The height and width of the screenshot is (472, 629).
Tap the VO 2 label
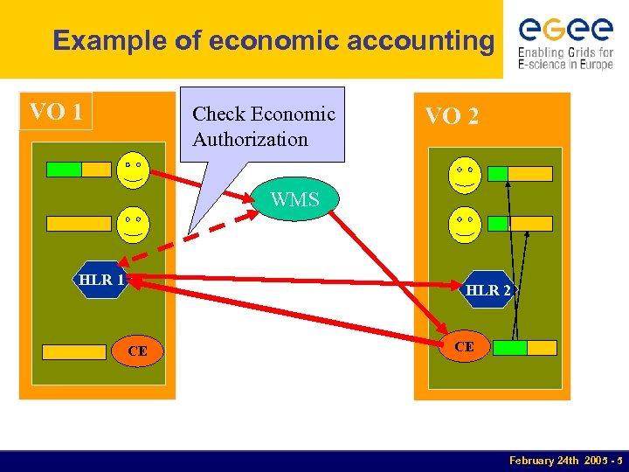[451, 115]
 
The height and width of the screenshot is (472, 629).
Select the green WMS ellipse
[294, 199]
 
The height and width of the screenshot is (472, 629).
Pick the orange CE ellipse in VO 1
[137, 351]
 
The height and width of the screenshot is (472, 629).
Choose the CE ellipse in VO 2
[464, 346]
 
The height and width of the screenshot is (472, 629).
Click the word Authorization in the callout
[250, 139]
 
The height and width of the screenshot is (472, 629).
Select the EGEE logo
[565, 42]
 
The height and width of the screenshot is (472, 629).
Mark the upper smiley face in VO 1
[133, 169]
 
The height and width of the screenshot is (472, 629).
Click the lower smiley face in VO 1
[133, 223]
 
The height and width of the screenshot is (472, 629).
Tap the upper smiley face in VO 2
[462, 174]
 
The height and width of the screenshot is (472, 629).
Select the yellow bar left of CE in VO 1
[74, 352]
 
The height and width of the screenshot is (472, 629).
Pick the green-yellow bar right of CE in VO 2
[524, 348]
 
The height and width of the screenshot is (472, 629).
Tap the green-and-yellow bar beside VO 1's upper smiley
[79, 170]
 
